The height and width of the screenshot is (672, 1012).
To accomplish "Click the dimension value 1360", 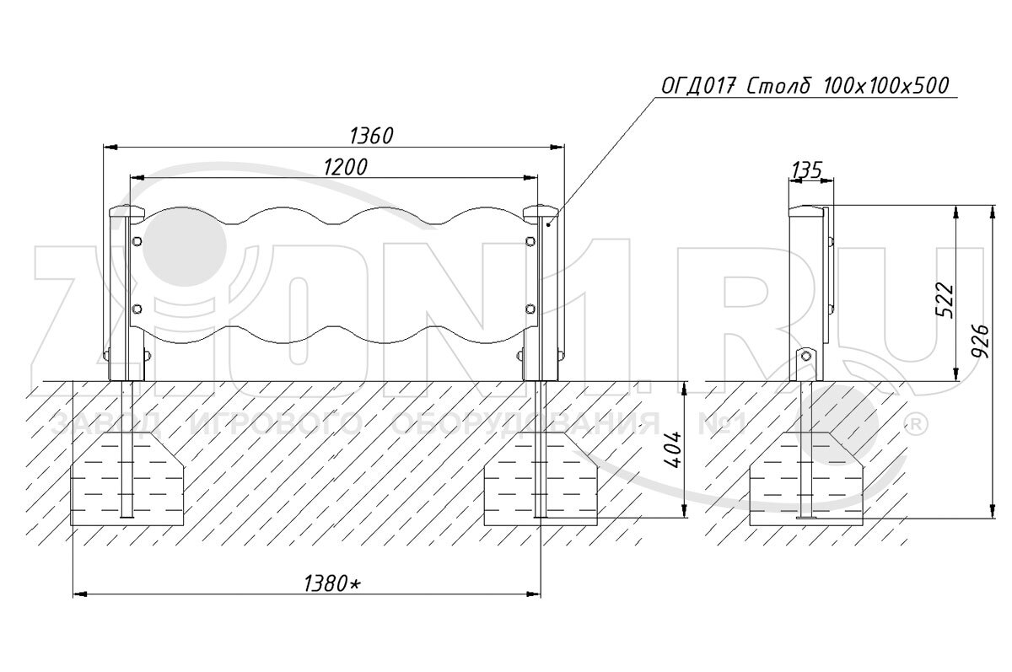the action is click(372, 136).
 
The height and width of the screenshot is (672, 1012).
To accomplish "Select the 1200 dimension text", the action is click(345, 167).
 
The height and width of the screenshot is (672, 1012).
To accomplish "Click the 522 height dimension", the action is click(945, 296).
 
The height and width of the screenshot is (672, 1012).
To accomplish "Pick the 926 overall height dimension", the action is click(980, 341).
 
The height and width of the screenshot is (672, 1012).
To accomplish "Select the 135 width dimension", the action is click(807, 170).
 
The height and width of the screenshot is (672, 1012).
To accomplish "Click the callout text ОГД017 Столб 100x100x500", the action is click(805, 86).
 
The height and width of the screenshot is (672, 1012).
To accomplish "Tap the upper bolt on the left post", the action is click(137, 243).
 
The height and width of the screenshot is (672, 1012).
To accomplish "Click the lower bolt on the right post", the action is click(530, 309).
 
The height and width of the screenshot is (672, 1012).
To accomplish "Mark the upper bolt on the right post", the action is click(530, 243).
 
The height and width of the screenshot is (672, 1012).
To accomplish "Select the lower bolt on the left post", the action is click(137, 309).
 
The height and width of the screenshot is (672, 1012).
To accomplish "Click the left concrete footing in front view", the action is click(126, 481).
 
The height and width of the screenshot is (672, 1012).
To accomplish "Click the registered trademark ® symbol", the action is click(912, 422).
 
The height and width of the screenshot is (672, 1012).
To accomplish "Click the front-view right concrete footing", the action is click(541, 481).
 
